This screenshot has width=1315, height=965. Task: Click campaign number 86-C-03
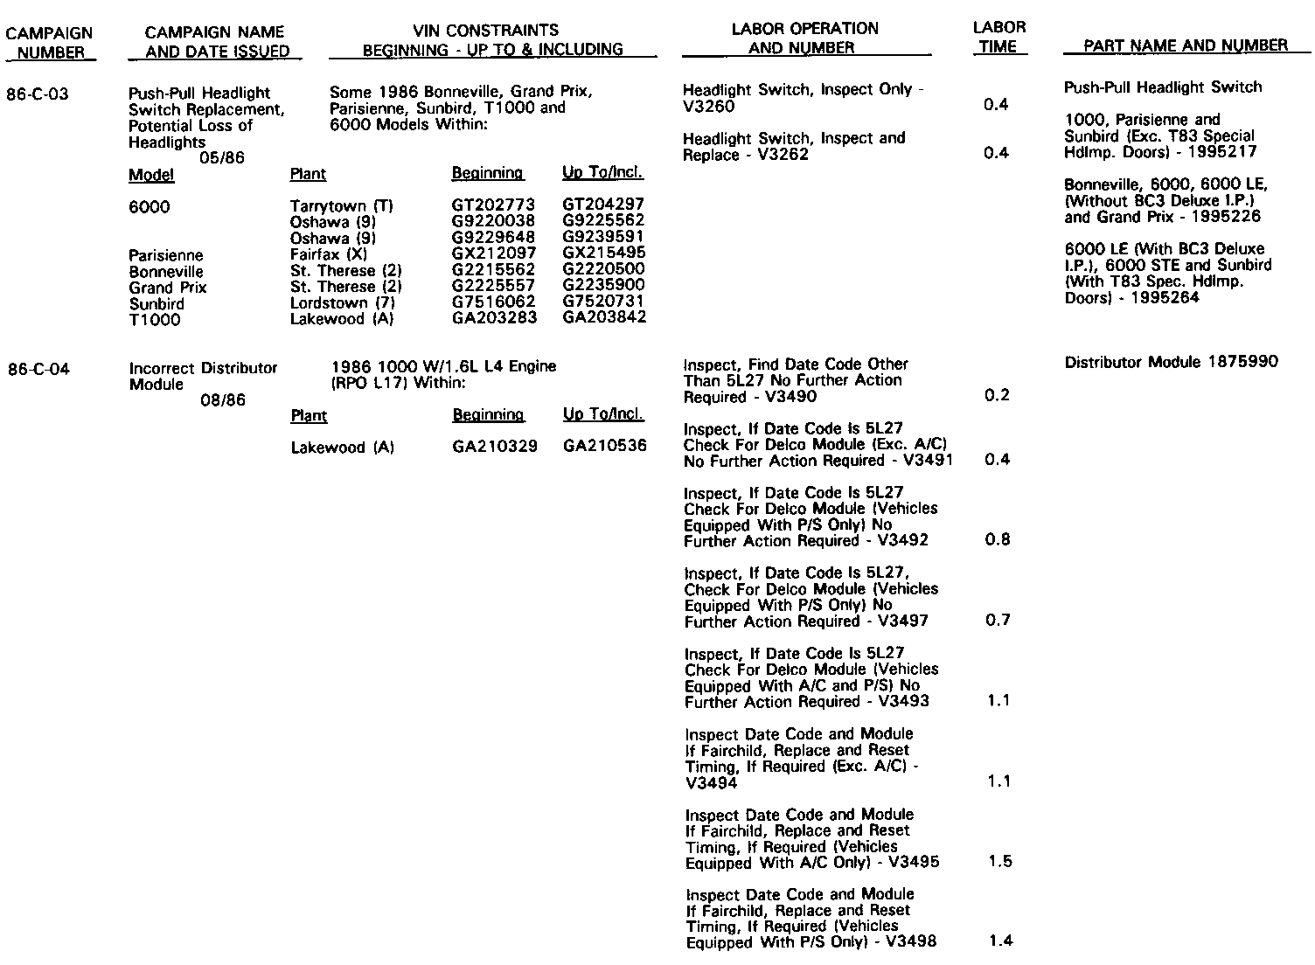(x=37, y=94)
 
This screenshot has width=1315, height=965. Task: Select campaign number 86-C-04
(x=38, y=369)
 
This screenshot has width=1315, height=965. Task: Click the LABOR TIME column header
(x=998, y=38)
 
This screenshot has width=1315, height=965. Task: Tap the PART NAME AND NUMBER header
(x=1185, y=46)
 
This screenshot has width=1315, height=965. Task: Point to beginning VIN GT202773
(x=493, y=205)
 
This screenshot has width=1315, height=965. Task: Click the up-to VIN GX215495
(x=603, y=253)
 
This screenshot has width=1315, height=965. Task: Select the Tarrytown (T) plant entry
(x=342, y=206)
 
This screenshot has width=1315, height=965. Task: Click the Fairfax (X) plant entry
(x=329, y=254)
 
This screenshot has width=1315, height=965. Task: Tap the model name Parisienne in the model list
(x=165, y=255)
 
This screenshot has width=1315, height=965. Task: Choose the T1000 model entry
(x=155, y=320)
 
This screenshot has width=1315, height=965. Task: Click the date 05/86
(x=222, y=158)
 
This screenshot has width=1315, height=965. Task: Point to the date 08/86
(x=223, y=400)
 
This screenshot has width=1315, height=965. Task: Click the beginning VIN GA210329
(x=494, y=448)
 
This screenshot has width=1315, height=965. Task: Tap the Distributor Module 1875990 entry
(x=1171, y=362)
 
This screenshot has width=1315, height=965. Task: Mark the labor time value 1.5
(x=999, y=862)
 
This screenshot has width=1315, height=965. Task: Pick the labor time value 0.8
(x=998, y=539)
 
